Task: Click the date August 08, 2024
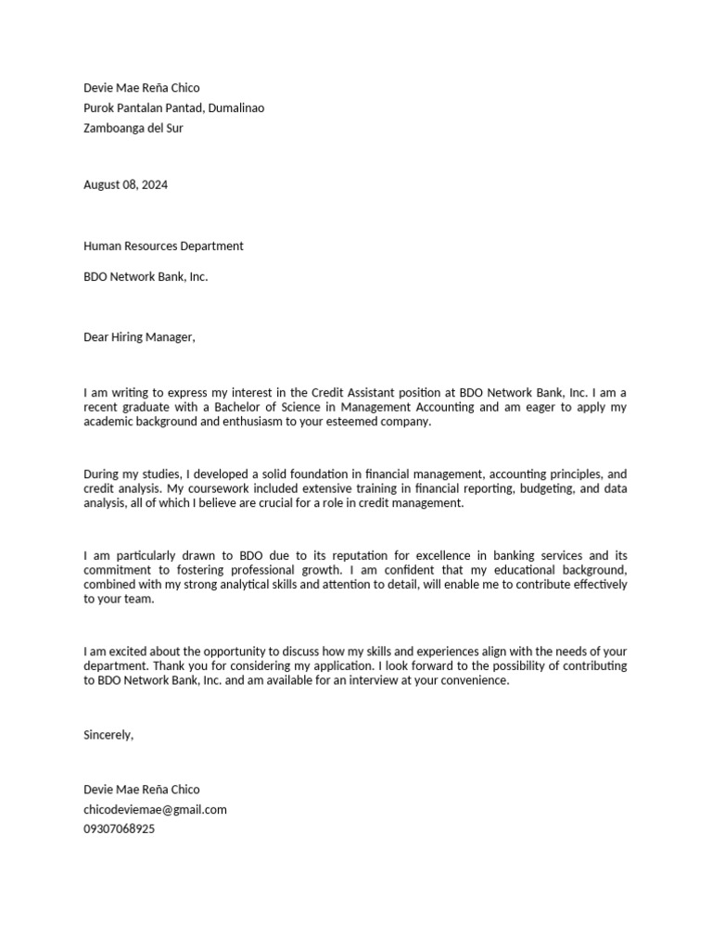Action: [x=125, y=184]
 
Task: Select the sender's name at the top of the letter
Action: [x=141, y=88]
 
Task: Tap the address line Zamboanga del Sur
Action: [x=133, y=128]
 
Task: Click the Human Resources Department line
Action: [x=163, y=246]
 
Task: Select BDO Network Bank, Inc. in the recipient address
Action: [x=146, y=276]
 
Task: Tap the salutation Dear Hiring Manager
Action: [x=139, y=336]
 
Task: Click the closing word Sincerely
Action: [x=108, y=734]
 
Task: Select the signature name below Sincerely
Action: [x=141, y=790]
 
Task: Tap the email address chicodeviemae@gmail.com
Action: [x=155, y=809]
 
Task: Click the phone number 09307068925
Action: [x=119, y=829]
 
